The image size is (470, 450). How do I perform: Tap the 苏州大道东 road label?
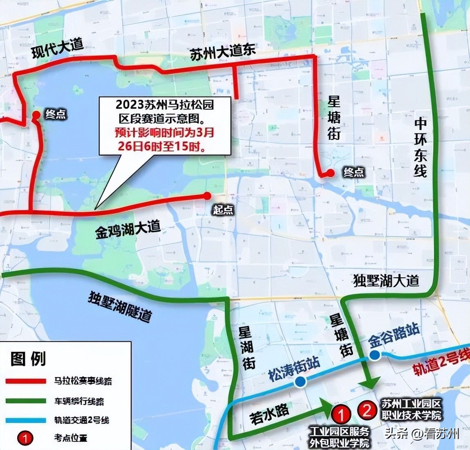click(x=223, y=53)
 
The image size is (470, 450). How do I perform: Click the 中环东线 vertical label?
click(x=421, y=147)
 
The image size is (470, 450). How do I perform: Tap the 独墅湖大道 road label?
click(x=386, y=280)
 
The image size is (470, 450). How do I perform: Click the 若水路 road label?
click(x=270, y=413)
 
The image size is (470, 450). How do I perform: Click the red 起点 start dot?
click(x=208, y=196)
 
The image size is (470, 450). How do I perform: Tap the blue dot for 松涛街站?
click(x=300, y=382)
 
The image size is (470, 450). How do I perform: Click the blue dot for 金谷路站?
click(x=375, y=355)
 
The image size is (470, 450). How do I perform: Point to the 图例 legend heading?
click(x=28, y=359)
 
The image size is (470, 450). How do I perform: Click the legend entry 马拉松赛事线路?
click(x=83, y=381)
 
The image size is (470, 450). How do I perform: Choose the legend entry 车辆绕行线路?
click(x=79, y=401)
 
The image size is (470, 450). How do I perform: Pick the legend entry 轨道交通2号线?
click(x=82, y=420)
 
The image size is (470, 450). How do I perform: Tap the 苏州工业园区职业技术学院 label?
click(x=411, y=409)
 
